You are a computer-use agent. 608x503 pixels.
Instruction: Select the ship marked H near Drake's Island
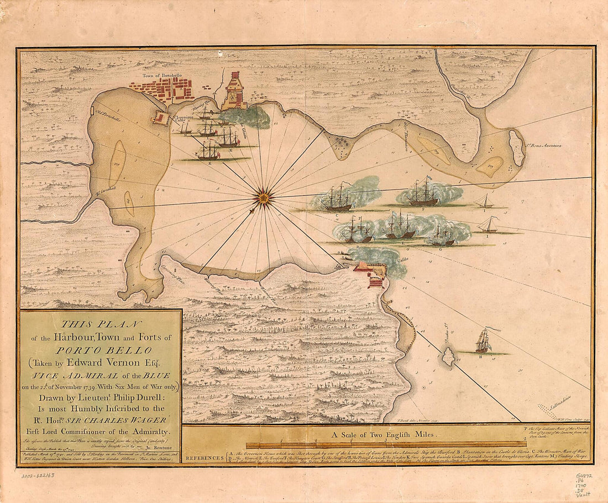[x=484, y=341]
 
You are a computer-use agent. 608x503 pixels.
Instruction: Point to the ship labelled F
[x=423, y=193]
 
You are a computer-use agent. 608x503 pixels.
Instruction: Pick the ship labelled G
[x=444, y=236]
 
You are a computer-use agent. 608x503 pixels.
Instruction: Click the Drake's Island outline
[x=448, y=356]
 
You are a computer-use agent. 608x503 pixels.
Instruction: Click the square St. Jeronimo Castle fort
[x=161, y=118]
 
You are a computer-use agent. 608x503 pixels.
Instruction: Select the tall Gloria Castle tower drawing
[x=235, y=91]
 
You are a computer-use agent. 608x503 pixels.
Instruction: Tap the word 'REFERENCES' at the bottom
[x=205, y=459]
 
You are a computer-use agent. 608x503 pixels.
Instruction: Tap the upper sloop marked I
[x=485, y=201]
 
